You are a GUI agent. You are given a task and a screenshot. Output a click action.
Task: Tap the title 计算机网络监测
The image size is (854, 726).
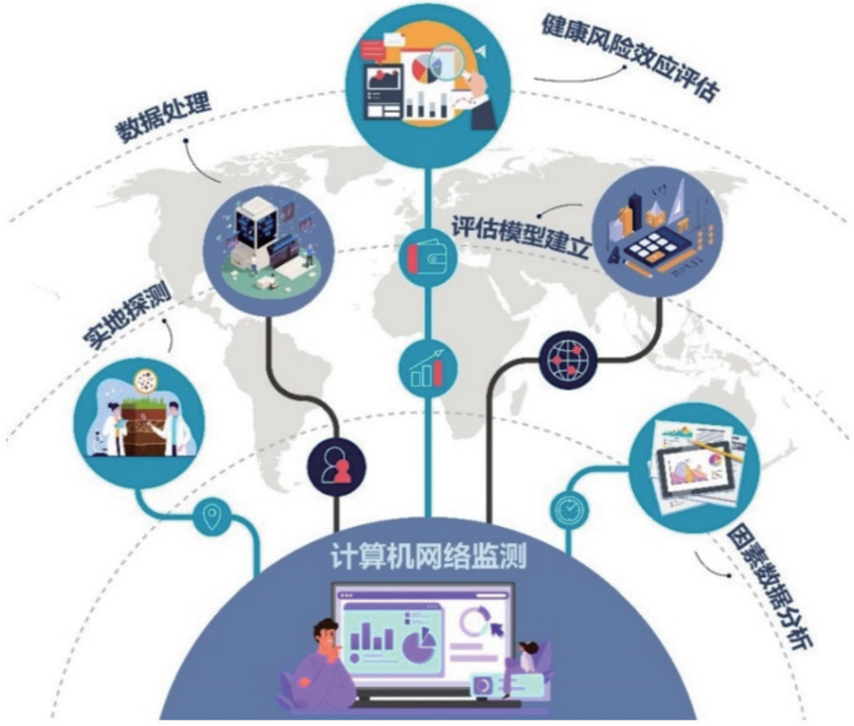(x=427, y=557)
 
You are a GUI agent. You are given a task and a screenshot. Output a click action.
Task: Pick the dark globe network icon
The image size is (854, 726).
(x=568, y=360)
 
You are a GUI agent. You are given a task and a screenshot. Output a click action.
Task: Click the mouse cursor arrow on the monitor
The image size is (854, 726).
(x=494, y=628)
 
